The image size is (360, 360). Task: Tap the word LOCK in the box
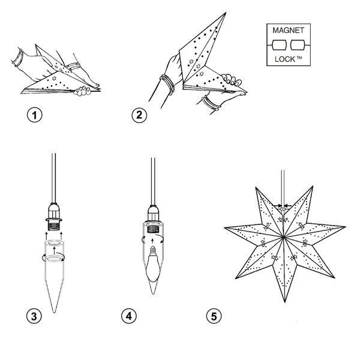284,61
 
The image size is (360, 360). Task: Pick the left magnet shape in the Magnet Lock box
280,46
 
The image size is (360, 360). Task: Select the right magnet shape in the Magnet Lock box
297,46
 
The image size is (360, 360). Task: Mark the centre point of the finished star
282,235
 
